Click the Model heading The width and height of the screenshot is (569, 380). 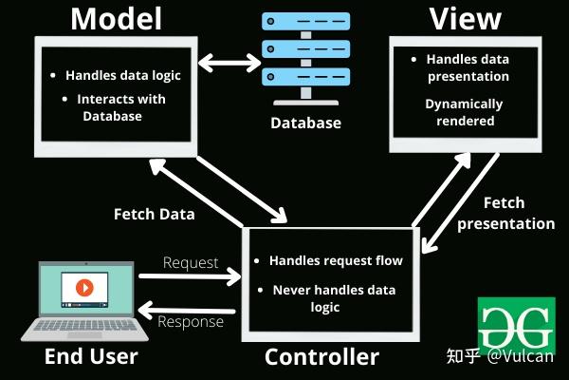(116, 18)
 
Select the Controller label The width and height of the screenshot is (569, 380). (321, 357)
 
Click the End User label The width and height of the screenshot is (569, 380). (91, 357)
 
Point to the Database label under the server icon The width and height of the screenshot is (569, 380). (305, 123)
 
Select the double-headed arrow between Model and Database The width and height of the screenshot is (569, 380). (229, 65)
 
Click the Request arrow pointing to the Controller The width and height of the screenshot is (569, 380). (190, 277)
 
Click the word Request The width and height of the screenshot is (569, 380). (191, 262)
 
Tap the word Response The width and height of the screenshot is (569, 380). (191, 322)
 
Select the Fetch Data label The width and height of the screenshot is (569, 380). (154, 214)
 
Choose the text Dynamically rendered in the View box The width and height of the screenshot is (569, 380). (464, 112)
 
